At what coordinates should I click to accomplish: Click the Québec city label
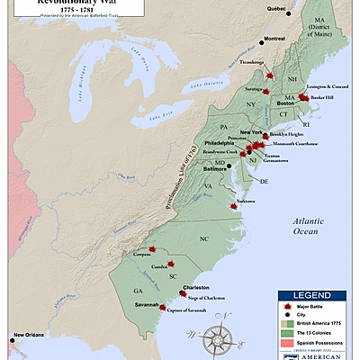click(x=276, y=10)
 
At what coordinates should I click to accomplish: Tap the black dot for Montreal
click(x=262, y=40)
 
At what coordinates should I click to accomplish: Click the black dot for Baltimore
click(x=229, y=166)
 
